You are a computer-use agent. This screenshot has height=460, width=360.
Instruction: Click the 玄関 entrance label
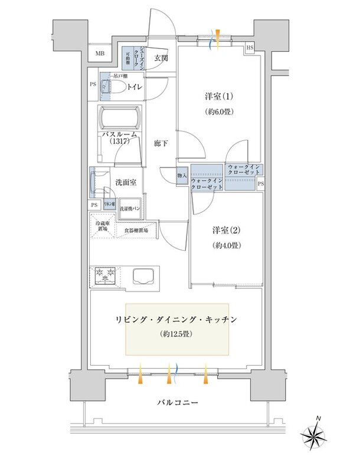coord(161,58)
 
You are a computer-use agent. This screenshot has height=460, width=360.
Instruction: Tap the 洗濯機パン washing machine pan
coord(130,209)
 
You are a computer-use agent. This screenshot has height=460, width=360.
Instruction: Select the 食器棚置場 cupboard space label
coord(136,231)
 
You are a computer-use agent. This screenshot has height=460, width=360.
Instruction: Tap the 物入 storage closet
coord(182,175)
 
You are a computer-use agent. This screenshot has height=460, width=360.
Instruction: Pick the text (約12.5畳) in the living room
coord(177,334)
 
